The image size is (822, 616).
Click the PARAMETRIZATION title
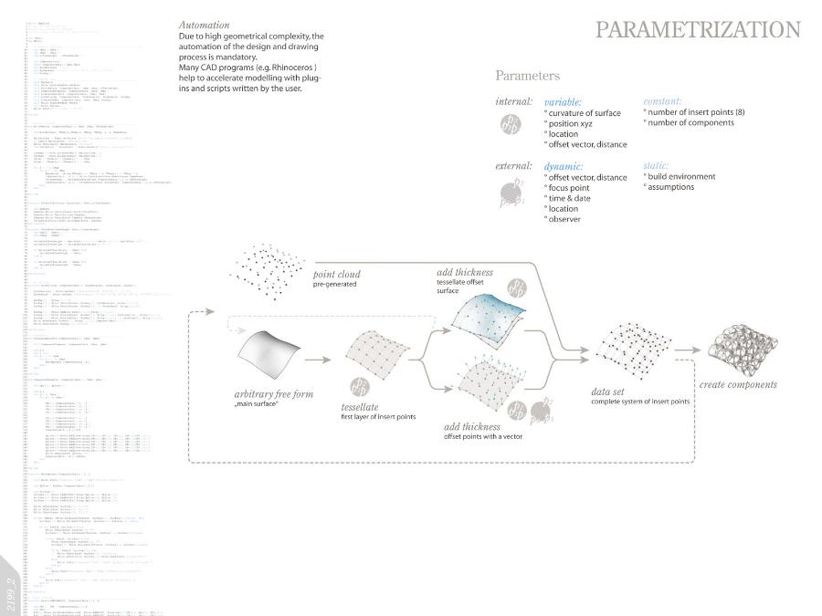pos(698,30)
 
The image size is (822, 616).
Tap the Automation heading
pos(205,25)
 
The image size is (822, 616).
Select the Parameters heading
pos(528,76)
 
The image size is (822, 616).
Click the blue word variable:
pos(564,102)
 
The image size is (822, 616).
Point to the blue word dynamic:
pos(564,166)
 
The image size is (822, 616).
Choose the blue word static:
pos(656,165)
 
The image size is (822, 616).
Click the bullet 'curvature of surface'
pos(584,113)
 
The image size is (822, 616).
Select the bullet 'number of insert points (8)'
pos(693,112)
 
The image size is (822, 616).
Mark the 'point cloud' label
pos(336,274)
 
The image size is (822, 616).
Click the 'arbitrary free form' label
pos(273,394)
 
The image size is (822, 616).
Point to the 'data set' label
pos(606,392)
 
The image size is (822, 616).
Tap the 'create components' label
pos(738,384)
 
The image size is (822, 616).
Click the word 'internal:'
pos(513,101)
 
